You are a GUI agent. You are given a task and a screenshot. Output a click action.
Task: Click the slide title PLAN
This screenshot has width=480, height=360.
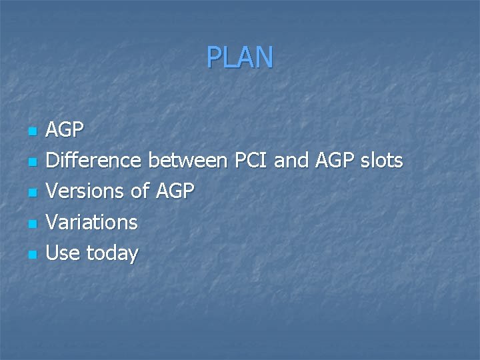click(x=239, y=57)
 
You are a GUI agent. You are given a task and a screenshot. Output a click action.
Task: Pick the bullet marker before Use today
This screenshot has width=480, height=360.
click(x=31, y=255)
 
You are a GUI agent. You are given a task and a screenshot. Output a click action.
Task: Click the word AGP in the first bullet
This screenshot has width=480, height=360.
click(x=65, y=130)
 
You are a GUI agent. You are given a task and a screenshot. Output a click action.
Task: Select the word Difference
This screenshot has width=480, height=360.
click(x=93, y=161)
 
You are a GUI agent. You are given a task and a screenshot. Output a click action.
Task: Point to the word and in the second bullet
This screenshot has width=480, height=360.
click(x=293, y=161)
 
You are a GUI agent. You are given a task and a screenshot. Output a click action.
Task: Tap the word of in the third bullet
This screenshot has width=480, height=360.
click(x=140, y=191)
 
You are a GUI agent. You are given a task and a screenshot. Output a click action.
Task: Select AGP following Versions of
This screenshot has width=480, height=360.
click(x=175, y=191)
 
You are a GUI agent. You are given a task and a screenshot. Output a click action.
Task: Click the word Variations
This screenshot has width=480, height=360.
click(x=91, y=222)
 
